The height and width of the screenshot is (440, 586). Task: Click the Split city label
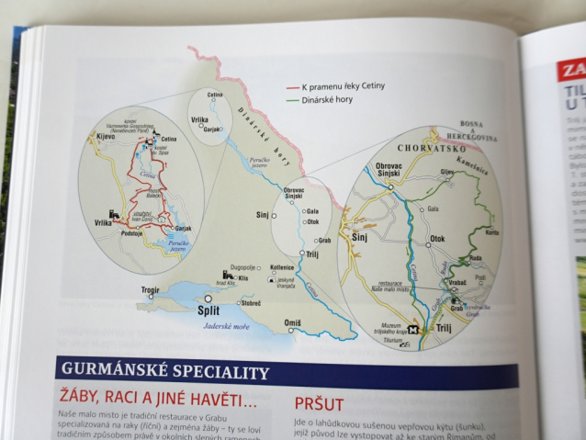209,311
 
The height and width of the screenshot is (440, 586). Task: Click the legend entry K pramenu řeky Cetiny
344,85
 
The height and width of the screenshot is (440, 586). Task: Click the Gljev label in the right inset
447,171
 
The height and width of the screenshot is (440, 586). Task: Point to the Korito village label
490,232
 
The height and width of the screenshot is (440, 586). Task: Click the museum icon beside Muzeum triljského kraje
413,330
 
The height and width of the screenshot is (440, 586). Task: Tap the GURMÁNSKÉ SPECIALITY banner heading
165,372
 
